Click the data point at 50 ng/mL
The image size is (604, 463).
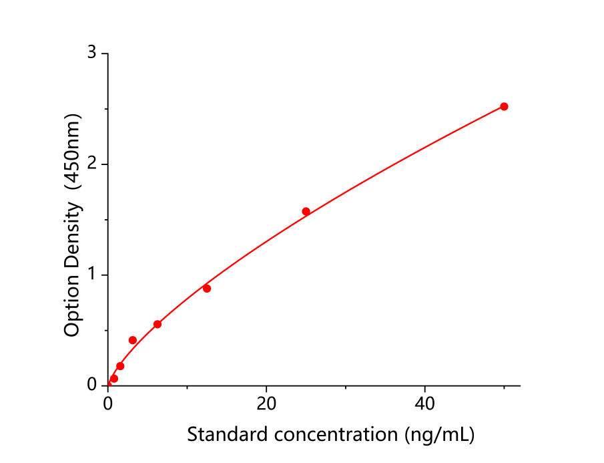(x=504, y=106)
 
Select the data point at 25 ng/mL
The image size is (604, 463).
(x=306, y=211)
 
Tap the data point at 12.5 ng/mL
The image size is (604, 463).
(x=207, y=288)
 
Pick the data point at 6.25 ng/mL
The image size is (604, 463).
(x=158, y=324)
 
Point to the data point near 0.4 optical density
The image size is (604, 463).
(x=133, y=340)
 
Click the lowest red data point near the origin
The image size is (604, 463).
(x=114, y=379)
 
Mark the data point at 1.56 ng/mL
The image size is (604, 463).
(x=120, y=366)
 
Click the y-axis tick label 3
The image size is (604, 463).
(x=92, y=53)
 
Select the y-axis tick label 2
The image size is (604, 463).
(x=92, y=164)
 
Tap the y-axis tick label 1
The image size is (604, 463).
(x=92, y=275)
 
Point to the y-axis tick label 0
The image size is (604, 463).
(x=92, y=385)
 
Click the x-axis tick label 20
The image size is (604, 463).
(x=266, y=404)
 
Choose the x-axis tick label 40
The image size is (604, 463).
(x=425, y=404)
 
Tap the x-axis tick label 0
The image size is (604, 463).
(x=108, y=404)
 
